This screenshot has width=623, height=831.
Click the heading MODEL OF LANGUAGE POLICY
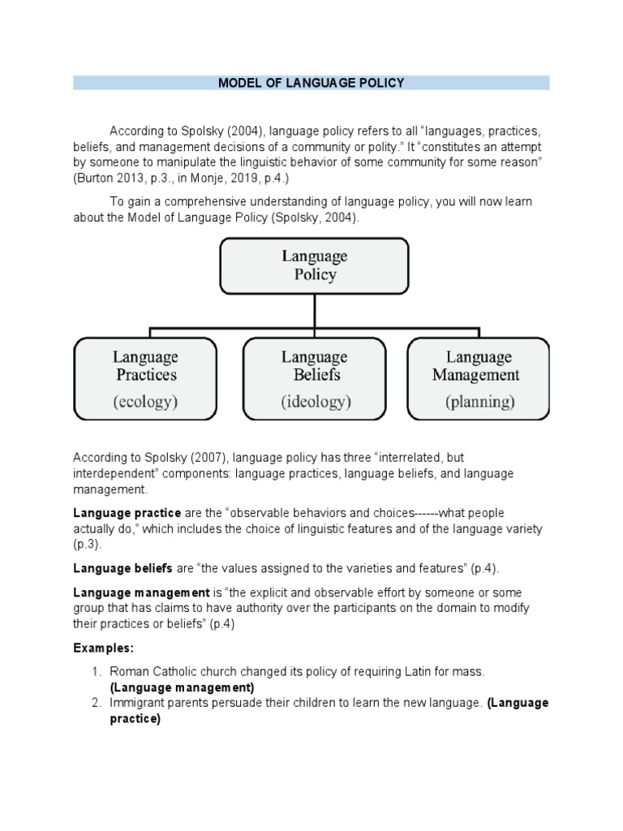click(x=311, y=83)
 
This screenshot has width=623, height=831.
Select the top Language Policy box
click(x=314, y=265)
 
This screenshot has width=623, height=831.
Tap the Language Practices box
click(x=145, y=377)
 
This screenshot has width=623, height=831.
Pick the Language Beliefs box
click(x=316, y=377)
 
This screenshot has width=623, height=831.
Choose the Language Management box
click(x=479, y=377)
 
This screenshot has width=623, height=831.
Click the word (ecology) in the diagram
click(x=145, y=401)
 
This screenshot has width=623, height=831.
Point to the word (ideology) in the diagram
click(x=316, y=401)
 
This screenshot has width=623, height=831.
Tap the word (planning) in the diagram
click(x=479, y=401)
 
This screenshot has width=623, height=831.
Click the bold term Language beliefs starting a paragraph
click(x=122, y=568)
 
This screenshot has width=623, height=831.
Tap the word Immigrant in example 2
click(x=137, y=703)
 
